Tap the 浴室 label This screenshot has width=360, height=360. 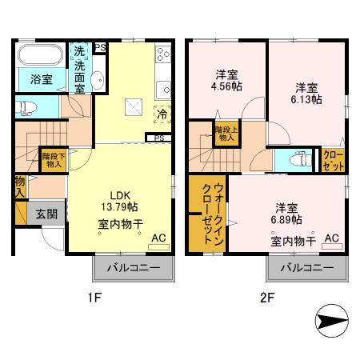tap(42, 80)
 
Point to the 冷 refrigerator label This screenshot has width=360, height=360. tap(161, 114)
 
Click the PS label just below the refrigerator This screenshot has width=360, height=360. tap(160, 138)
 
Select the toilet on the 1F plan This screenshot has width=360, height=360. tap(30, 106)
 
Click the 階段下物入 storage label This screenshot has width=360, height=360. tap(54, 160)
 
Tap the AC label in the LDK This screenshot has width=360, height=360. tap(157, 238)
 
